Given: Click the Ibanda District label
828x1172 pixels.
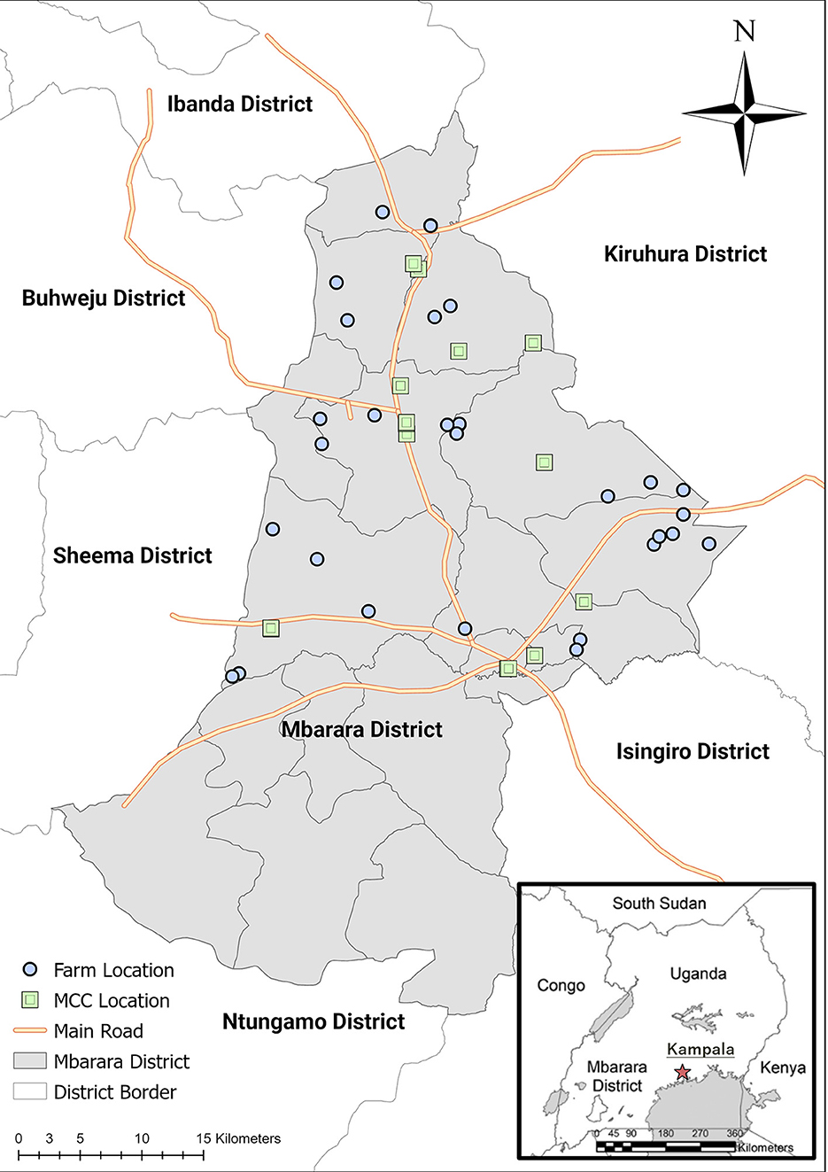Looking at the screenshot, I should [x=240, y=105].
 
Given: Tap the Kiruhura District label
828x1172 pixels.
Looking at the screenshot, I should [x=685, y=254].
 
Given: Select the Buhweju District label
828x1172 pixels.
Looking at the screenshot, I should [x=104, y=299].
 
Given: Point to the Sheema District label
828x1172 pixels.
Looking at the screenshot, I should [x=133, y=556].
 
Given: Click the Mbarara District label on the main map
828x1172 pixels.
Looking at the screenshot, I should [x=361, y=730].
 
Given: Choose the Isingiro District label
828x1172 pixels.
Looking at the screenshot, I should [x=693, y=752].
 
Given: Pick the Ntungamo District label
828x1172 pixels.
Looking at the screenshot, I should [x=313, y=1022].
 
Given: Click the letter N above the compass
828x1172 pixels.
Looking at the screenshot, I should [x=745, y=32].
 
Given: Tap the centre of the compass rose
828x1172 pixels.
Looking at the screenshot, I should [x=745, y=113].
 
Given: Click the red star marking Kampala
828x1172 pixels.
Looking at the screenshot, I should [x=682, y=1073].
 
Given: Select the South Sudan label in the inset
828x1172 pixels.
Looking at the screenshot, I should [x=659, y=904].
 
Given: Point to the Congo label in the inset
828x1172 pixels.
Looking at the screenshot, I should [x=561, y=985].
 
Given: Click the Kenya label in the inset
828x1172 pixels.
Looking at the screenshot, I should [x=782, y=1067].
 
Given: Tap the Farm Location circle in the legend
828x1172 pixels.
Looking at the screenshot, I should [x=30, y=969].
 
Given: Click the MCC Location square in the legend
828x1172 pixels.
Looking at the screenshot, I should [x=30, y=1000].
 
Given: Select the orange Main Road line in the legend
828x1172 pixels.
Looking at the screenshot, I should [x=30, y=1031].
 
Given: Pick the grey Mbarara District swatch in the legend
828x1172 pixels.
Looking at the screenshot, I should [x=30, y=1061].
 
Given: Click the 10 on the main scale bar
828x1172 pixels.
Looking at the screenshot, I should [x=142, y=1139].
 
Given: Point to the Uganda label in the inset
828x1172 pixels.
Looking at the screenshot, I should [x=698, y=974].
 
